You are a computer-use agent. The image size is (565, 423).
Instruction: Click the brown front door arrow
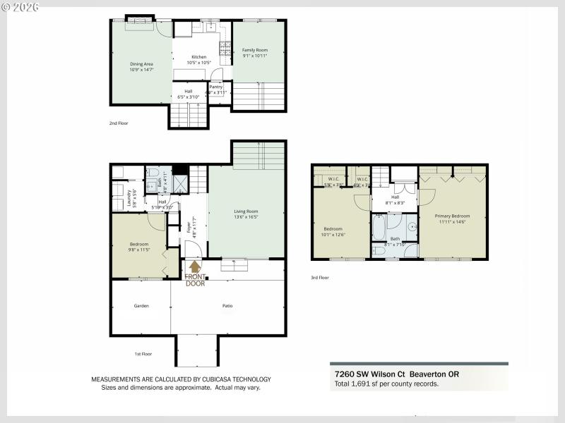point(194,266)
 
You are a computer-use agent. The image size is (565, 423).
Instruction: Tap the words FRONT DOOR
point(196,280)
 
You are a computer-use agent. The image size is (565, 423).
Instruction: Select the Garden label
point(141,306)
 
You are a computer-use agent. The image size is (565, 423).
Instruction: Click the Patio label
point(228,306)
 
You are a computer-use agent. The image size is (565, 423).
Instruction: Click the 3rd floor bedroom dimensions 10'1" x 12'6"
point(333,235)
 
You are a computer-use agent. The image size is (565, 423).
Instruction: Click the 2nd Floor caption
point(119,123)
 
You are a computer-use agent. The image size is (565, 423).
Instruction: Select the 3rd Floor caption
point(320,278)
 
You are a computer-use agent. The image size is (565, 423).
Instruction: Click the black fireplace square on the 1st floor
point(179,168)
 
